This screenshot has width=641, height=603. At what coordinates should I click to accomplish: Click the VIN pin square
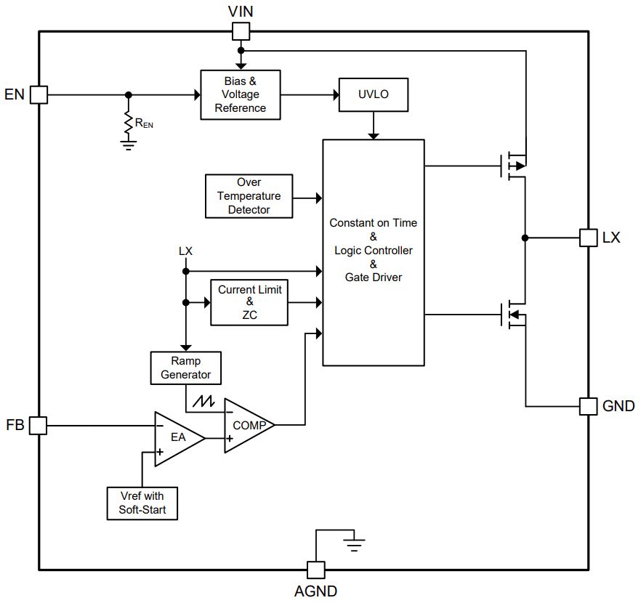[241, 31]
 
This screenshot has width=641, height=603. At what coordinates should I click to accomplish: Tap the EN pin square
[39, 94]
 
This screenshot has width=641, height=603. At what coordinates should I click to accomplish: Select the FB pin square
[38, 426]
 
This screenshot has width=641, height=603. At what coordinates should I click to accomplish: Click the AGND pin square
[315, 570]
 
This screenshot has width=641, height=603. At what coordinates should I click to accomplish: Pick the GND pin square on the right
[588, 406]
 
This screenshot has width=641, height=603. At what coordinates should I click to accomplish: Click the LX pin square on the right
[588, 238]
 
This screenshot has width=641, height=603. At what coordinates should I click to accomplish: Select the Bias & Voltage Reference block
[241, 94]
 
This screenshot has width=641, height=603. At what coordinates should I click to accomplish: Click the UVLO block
[374, 95]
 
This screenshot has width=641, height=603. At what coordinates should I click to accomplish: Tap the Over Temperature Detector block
[249, 196]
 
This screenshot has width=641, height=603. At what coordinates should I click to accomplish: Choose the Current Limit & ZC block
[249, 302]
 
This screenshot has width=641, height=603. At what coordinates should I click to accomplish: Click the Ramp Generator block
[185, 368]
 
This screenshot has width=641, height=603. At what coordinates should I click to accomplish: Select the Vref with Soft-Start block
[142, 503]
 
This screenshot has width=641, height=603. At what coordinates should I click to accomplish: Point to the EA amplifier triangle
[177, 438]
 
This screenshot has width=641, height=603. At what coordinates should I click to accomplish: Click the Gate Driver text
[373, 277]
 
